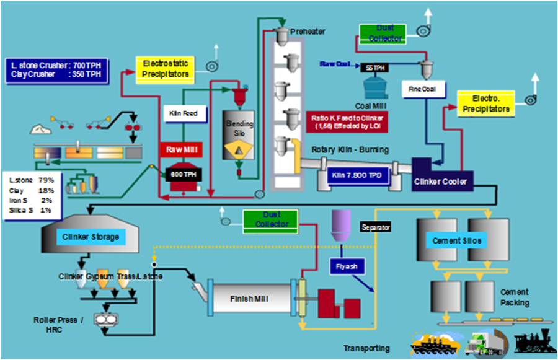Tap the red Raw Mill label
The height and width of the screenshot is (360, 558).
click(x=183, y=149)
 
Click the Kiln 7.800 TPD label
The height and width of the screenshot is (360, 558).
click(x=356, y=176)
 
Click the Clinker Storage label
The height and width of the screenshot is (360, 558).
click(x=91, y=236)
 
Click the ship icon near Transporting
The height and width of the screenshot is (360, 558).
click(x=432, y=343)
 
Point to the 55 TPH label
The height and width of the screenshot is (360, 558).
click(x=376, y=68)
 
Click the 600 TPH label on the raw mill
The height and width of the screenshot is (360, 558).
click(x=182, y=175)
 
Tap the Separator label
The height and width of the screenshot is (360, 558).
click(x=376, y=227)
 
